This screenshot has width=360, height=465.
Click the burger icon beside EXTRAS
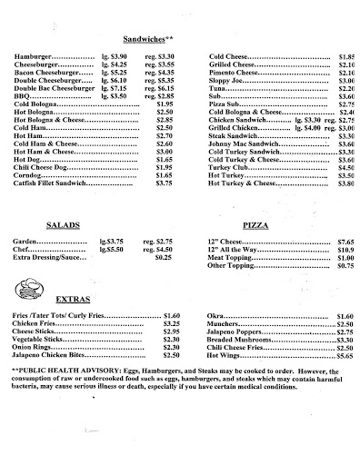pyautogui.click(x=28, y=292)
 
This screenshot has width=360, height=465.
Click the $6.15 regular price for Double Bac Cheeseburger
pyautogui.click(x=159, y=90)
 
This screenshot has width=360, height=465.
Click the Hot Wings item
pyautogui.click(x=228, y=358)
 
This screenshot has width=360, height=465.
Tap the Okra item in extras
pyautogui.click(x=218, y=316)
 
